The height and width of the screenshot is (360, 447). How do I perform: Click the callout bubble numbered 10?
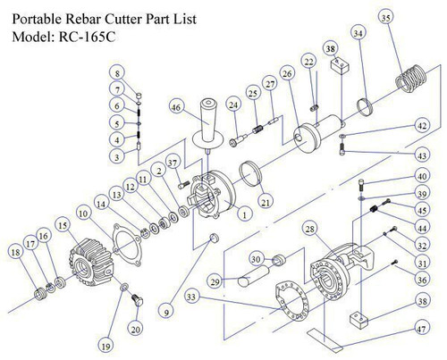82,215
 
